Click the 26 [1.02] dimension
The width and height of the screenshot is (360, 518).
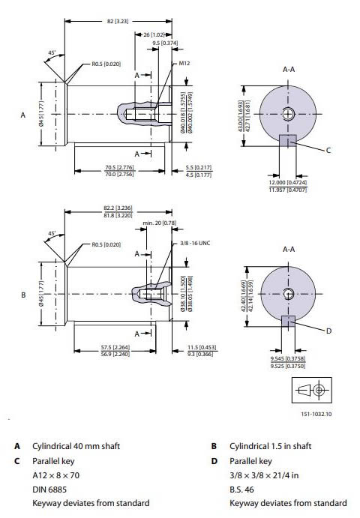click(x=154, y=34)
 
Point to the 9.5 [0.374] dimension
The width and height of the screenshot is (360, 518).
click(x=164, y=43)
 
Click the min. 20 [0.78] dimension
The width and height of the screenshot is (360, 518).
click(x=159, y=223)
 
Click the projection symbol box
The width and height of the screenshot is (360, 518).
click(x=313, y=390)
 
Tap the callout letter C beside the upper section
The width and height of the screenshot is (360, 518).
click(x=328, y=150)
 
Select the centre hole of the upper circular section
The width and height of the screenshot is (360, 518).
click(x=288, y=113)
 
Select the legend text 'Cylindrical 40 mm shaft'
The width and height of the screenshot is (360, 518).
click(x=76, y=446)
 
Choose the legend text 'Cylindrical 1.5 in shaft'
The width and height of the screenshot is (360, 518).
click(x=273, y=446)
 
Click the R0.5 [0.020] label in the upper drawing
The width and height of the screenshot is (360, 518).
click(x=106, y=65)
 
